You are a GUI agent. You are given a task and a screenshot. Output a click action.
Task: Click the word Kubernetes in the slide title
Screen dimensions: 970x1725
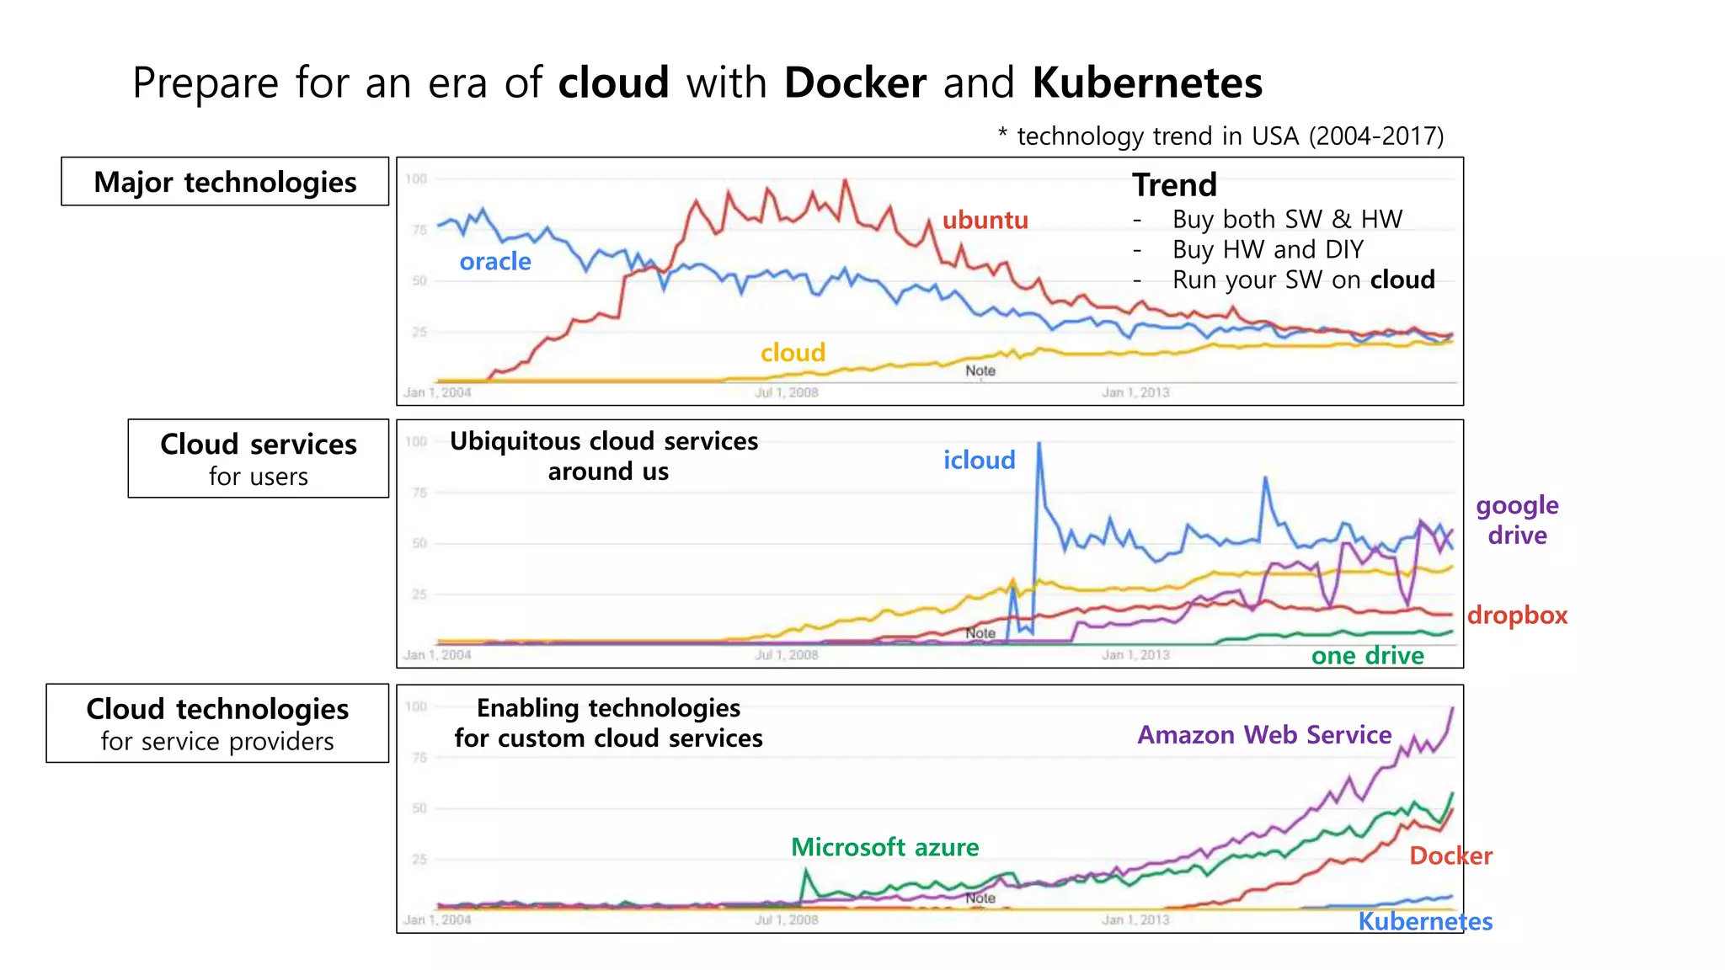tap(1146, 83)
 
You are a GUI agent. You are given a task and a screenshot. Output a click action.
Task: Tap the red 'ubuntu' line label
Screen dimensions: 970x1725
tap(985, 220)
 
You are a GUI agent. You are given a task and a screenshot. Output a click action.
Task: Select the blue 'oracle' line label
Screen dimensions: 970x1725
tap(495, 262)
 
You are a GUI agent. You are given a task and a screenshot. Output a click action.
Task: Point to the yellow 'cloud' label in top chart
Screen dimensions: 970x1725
tap(793, 353)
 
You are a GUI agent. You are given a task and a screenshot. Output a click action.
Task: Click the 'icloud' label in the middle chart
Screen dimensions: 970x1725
tap(979, 461)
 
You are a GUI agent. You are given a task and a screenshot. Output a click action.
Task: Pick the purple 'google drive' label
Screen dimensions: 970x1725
tap(1517, 520)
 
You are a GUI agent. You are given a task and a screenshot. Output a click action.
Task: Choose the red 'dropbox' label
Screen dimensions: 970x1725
tap(1517, 616)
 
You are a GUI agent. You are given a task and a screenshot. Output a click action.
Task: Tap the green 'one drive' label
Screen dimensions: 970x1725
tap(1367, 656)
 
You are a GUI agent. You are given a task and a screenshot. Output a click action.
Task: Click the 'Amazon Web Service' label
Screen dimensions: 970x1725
tap(1263, 735)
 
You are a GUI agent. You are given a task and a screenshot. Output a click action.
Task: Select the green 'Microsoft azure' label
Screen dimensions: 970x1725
tap(884, 847)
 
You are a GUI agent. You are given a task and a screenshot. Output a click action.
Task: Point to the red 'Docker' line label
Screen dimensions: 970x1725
tap(1450, 856)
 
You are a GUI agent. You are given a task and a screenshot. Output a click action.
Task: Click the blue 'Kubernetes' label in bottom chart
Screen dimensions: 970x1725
tap(1424, 922)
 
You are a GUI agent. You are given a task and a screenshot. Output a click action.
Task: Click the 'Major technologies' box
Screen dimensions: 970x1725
tap(225, 182)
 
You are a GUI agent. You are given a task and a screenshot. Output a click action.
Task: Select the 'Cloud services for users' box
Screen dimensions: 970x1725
tap(259, 459)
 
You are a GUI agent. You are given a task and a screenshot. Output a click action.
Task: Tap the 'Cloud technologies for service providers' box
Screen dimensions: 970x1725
tap(217, 724)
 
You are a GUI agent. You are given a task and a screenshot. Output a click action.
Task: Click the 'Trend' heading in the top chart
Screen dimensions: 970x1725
tap(1174, 185)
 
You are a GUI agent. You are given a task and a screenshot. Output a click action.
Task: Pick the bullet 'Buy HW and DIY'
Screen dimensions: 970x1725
tap(1267, 250)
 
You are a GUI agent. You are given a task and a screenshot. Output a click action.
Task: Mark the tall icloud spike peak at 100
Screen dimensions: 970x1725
tap(1039, 445)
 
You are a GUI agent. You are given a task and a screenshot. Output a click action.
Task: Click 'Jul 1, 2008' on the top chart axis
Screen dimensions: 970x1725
tap(786, 392)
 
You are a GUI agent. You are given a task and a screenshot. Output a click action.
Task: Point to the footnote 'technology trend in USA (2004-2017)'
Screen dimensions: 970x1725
tap(1229, 136)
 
